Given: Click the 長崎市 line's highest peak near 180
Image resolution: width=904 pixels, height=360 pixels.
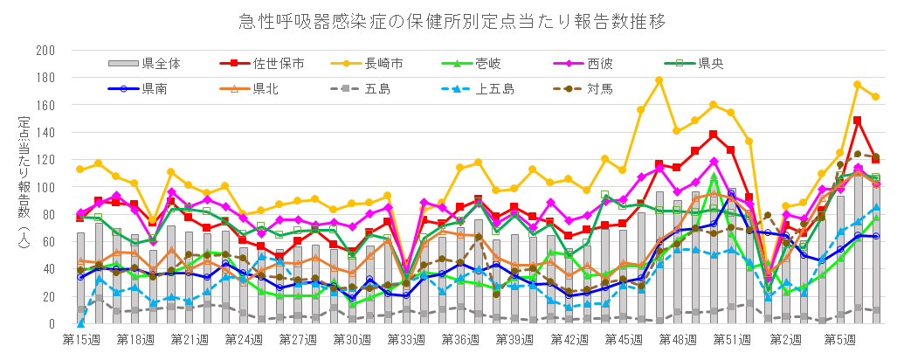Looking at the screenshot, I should point(659,80).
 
